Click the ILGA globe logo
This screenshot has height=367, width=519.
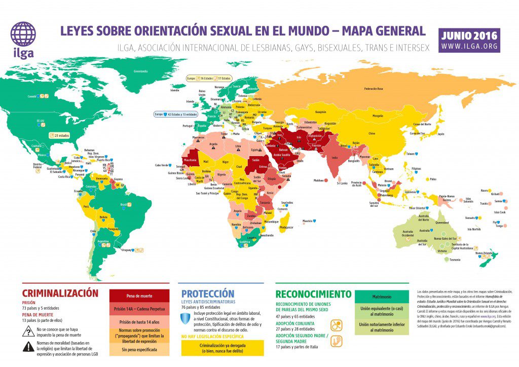pos(23,33)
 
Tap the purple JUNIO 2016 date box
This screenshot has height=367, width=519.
pos(469,40)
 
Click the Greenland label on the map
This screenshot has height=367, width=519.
pos(140,71)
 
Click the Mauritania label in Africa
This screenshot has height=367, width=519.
pos(190,160)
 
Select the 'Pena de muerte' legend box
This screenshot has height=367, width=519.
pos(139,295)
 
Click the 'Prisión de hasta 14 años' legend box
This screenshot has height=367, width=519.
pos(139,322)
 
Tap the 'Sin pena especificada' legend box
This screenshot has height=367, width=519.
pos(139,350)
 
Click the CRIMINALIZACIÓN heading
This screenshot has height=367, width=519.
pos(60,293)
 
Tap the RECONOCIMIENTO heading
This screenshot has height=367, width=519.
pos(313,294)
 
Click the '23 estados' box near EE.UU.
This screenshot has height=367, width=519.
pos(58,135)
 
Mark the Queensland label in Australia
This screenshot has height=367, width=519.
pos(442,222)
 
